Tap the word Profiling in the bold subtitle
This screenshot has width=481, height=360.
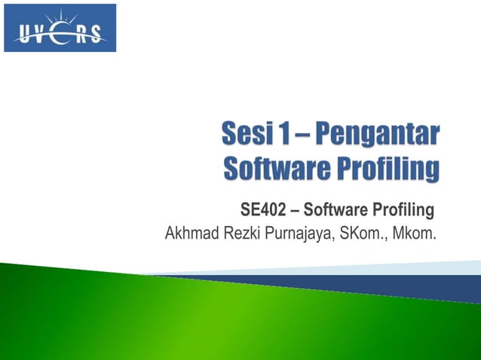(x=404, y=209)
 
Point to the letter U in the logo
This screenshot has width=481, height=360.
(x=22, y=34)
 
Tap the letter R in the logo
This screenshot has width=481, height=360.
(x=81, y=34)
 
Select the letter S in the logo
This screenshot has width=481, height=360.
(x=99, y=34)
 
